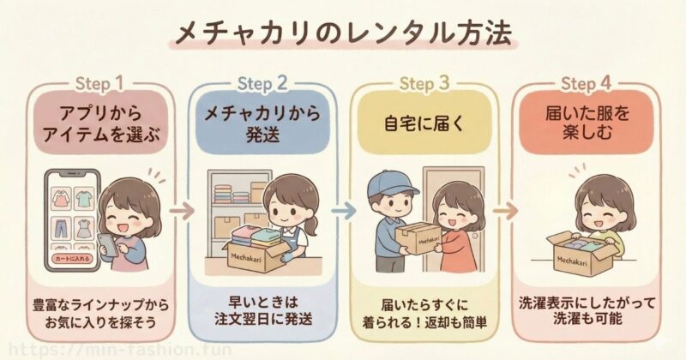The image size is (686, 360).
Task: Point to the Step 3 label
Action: pyautogui.click(x=424, y=83)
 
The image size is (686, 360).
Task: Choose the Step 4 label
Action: pyautogui.click(x=587, y=83)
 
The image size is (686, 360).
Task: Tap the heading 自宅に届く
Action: pyautogui.click(x=424, y=123)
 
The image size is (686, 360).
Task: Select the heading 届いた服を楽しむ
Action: pyautogui.click(x=587, y=123)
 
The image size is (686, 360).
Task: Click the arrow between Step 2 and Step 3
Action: pyautogui.click(x=341, y=209)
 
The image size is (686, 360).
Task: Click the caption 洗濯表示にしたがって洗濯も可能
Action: pyautogui.click(x=587, y=311)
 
